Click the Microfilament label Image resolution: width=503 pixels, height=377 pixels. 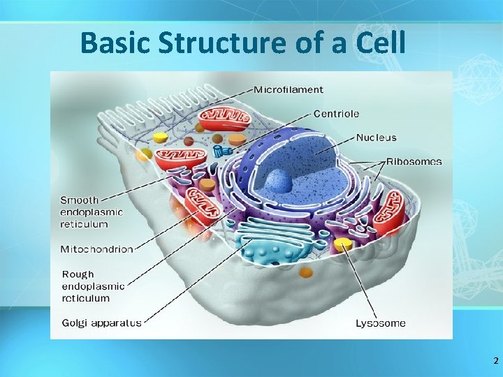point(288,89)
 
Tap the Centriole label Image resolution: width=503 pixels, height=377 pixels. point(336,113)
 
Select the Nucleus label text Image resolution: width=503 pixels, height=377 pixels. point(376,138)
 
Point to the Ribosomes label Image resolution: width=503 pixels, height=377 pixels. point(414,161)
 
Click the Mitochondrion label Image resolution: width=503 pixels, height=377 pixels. point(96,249)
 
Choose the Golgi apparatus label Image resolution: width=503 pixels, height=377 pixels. point(101,323)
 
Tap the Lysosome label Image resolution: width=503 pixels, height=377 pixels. point(380,323)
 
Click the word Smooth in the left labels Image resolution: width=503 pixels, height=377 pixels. point(80,200)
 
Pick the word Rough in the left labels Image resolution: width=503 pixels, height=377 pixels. point(78,274)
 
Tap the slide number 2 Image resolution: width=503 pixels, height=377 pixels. point(495,361)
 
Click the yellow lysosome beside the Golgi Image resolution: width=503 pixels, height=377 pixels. point(342,244)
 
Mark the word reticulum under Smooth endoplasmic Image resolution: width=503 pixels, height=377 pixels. point(85,224)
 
